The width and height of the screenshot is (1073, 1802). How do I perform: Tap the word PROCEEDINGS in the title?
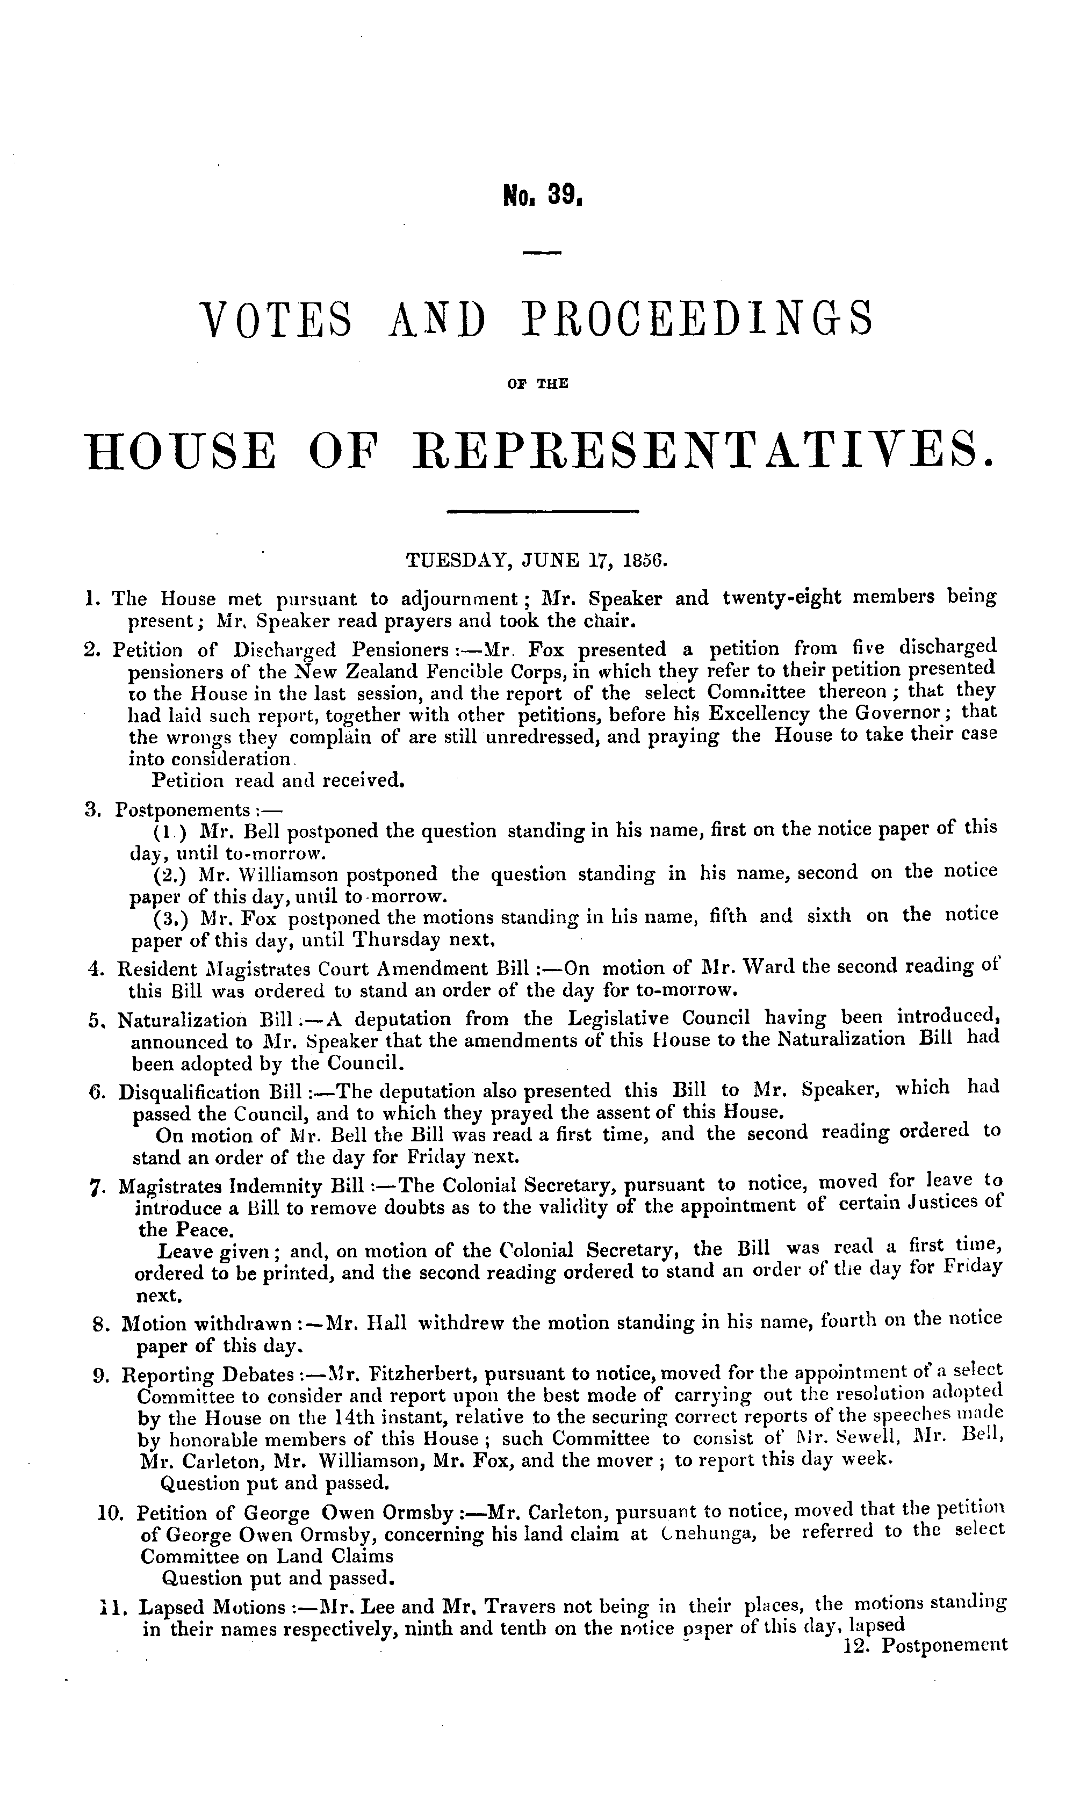click(698, 320)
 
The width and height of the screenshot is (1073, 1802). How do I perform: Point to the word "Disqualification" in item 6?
click(190, 1089)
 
